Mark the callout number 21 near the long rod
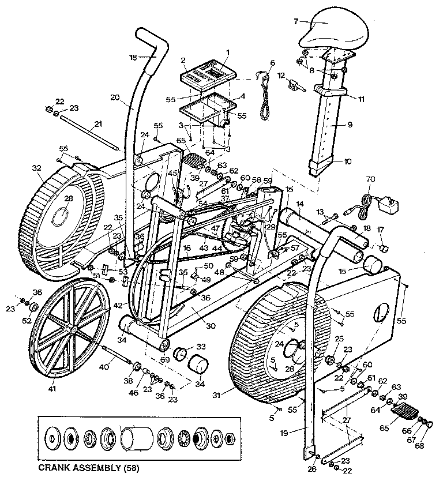(x=98, y=123)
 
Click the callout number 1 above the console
(x=228, y=52)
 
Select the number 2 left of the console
(x=183, y=59)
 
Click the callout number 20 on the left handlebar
(x=115, y=97)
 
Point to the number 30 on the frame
(x=211, y=326)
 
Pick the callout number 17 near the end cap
(x=380, y=229)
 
